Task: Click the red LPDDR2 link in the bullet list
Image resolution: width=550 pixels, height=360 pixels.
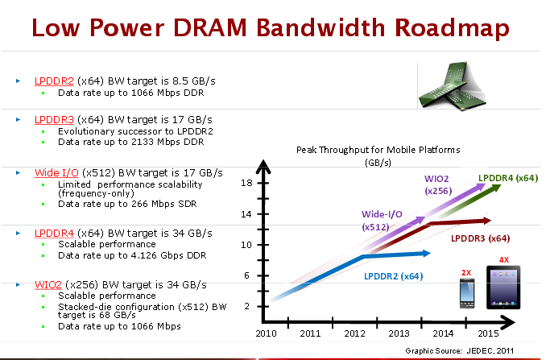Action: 54,81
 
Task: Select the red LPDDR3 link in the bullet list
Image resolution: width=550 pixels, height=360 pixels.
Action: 54,120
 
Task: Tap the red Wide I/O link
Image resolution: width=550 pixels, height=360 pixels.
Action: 56,172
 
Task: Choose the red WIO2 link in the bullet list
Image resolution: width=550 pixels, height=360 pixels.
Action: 48,284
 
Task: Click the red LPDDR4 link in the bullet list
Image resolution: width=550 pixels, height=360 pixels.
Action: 54,233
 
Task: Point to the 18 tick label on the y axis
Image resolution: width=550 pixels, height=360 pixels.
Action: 246,183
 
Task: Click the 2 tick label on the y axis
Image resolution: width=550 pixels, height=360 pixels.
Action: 247,306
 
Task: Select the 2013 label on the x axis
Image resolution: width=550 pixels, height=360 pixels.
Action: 399,333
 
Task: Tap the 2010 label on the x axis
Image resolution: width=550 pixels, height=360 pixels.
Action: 266,333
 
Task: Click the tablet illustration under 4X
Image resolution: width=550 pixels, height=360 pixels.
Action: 503,288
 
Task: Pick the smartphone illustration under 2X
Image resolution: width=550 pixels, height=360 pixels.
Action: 467,293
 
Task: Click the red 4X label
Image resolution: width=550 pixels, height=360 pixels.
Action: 504,259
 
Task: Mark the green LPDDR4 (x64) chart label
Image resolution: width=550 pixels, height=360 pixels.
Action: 508,178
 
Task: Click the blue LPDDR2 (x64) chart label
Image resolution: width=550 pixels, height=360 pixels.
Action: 394,276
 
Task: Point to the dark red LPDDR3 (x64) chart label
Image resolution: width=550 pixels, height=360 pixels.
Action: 480,238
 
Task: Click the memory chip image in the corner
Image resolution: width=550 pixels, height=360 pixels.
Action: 452,86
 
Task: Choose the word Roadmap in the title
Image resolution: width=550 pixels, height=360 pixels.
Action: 452,27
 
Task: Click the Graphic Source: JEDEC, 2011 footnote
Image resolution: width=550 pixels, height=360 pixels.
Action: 460,350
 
